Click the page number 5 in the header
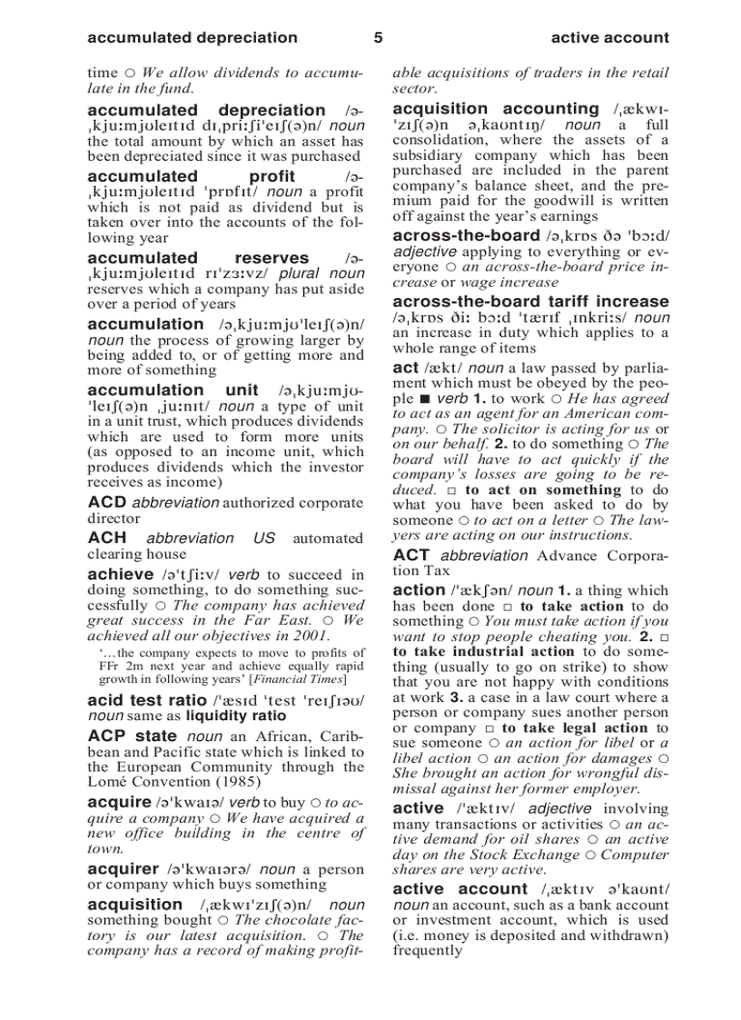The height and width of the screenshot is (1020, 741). click(x=378, y=38)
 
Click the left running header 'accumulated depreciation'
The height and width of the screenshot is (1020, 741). click(x=193, y=38)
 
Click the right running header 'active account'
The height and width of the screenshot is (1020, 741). click(x=609, y=38)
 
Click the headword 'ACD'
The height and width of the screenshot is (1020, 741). click(x=106, y=502)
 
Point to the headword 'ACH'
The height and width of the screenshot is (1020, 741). click(x=106, y=538)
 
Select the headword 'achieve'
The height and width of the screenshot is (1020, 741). click(x=120, y=574)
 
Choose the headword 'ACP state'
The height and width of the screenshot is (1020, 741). click(x=132, y=736)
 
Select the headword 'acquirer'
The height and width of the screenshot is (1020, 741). click(x=123, y=869)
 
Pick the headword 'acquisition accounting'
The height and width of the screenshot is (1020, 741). click(x=496, y=108)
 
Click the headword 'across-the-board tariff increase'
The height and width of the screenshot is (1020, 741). click(x=530, y=301)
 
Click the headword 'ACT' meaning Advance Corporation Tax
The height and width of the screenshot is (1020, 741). click(x=411, y=555)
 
